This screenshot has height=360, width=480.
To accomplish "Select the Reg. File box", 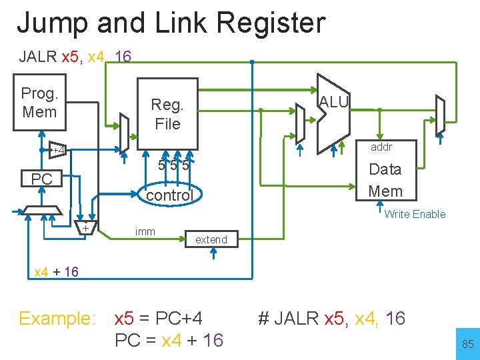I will tap(167, 113).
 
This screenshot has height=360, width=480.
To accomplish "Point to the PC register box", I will tap(41, 179).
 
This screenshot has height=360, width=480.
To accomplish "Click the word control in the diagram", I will tap(169, 195).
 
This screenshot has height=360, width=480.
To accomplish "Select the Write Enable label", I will tap(415, 214).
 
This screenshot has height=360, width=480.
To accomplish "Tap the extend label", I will tap(211, 239).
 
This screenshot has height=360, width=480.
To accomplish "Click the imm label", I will tap(145, 231).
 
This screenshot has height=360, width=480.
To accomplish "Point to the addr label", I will tap(381, 147).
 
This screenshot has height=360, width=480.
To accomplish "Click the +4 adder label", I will tap(57, 150).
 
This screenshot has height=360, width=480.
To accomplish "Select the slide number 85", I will tap(467, 345).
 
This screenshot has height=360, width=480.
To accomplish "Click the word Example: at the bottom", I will tap(57, 319).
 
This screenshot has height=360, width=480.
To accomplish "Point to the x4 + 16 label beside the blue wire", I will tap(56, 271).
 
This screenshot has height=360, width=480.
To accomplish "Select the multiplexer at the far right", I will tap(439, 117).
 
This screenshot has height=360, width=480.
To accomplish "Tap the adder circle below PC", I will tap(86, 229).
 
